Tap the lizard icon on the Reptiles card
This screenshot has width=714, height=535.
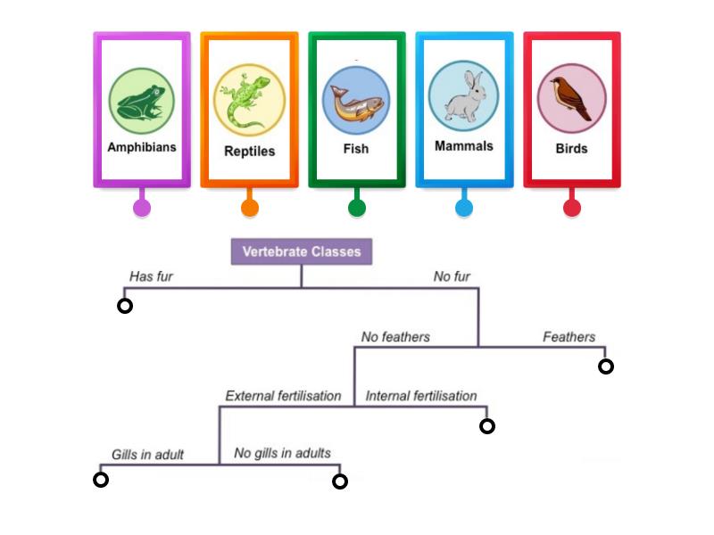click(x=250, y=100)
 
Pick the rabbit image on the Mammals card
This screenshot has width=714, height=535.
click(x=463, y=96)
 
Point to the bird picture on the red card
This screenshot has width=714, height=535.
click(x=571, y=98)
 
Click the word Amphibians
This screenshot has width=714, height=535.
click(x=142, y=147)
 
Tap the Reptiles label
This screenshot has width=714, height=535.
click(x=250, y=151)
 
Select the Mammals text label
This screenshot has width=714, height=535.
click(x=464, y=145)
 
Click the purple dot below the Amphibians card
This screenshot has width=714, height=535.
click(x=141, y=208)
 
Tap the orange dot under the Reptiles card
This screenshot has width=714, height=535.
click(x=250, y=208)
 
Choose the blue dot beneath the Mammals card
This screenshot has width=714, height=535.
click(x=464, y=208)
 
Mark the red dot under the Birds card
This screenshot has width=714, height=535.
click(x=572, y=208)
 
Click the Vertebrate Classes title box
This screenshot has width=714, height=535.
click(x=302, y=251)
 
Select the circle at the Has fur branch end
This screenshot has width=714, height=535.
click(x=125, y=306)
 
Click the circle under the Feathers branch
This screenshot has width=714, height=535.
click(x=606, y=366)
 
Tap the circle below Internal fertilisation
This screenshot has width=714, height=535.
click(x=487, y=426)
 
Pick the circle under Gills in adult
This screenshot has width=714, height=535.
click(x=101, y=480)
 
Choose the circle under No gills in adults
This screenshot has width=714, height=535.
click(x=339, y=481)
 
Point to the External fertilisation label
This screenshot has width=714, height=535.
click(x=283, y=396)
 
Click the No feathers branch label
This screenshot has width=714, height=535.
click(x=395, y=337)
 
